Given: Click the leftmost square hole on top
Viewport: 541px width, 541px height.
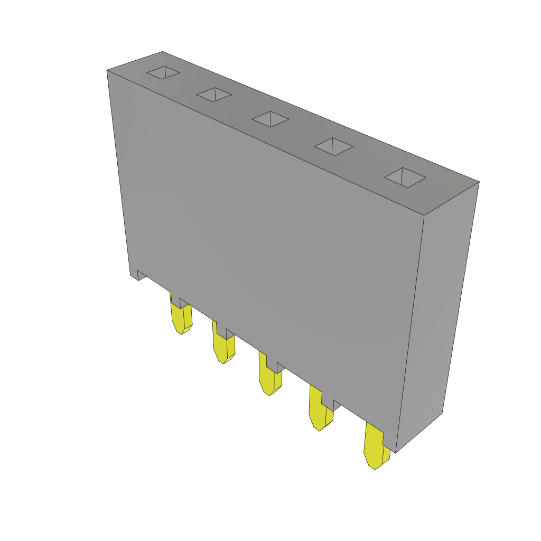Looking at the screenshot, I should tap(163, 73).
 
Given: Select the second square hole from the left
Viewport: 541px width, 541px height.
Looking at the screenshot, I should tap(214, 95).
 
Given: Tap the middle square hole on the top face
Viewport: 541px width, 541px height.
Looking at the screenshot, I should tap(270, 119).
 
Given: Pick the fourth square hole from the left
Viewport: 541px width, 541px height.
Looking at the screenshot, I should tap(333, 146).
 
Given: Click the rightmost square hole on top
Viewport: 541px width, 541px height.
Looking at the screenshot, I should tap(405, 178).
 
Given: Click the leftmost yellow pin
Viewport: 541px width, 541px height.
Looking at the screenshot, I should tap(181, 319).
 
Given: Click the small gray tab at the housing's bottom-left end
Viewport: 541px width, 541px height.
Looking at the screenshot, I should tap(141, 275).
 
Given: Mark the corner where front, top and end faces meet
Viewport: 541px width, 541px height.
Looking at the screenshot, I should tap(424, 216).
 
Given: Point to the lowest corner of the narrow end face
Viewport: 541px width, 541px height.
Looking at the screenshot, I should tap(396, 452).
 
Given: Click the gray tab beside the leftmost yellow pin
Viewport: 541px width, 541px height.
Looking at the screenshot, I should tap(184, 303).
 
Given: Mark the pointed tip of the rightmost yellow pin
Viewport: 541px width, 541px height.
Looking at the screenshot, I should tap(375, 469).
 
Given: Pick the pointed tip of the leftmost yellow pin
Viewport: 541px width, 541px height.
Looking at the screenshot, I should tap(182, 334).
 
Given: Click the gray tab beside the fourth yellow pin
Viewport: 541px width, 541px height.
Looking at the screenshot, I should tap(337, 405).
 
